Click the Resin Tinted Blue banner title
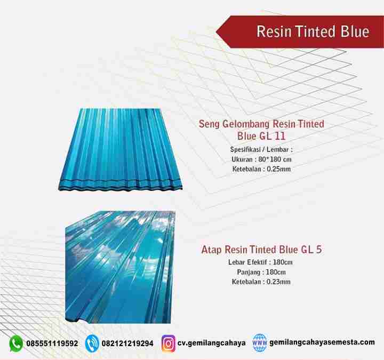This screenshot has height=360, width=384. tap(313, 31)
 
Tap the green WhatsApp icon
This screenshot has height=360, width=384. tap(16, 343)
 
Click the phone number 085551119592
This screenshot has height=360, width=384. tap(52, 343)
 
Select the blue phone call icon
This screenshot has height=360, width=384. tap(92, 343)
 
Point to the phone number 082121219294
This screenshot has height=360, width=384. tap(127, 343)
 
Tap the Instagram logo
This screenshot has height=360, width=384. tap(169, 343)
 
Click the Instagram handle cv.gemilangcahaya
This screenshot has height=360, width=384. tap(211, 343)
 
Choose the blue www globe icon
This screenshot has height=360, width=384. tap(260, 342)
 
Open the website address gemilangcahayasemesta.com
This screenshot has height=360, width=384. tap(322, 342)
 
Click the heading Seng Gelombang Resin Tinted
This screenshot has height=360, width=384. tap(261, 124)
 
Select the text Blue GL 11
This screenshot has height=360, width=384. tap(261, 136)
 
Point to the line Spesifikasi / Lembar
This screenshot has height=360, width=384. tap(261, 149)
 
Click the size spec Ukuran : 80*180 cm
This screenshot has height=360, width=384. tap(261, 159)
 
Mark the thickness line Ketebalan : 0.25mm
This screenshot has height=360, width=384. tap(261, 169)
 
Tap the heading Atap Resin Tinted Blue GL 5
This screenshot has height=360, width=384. tap(261, 250)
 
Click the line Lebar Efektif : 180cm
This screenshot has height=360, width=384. tap(260, 262)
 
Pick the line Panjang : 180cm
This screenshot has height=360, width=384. tap(261, 272)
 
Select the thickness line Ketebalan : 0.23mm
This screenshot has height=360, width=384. tap(261, 282)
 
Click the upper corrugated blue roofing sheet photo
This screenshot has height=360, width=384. tap(121, 149)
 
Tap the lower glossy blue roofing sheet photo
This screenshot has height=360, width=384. tap(120, 267)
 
